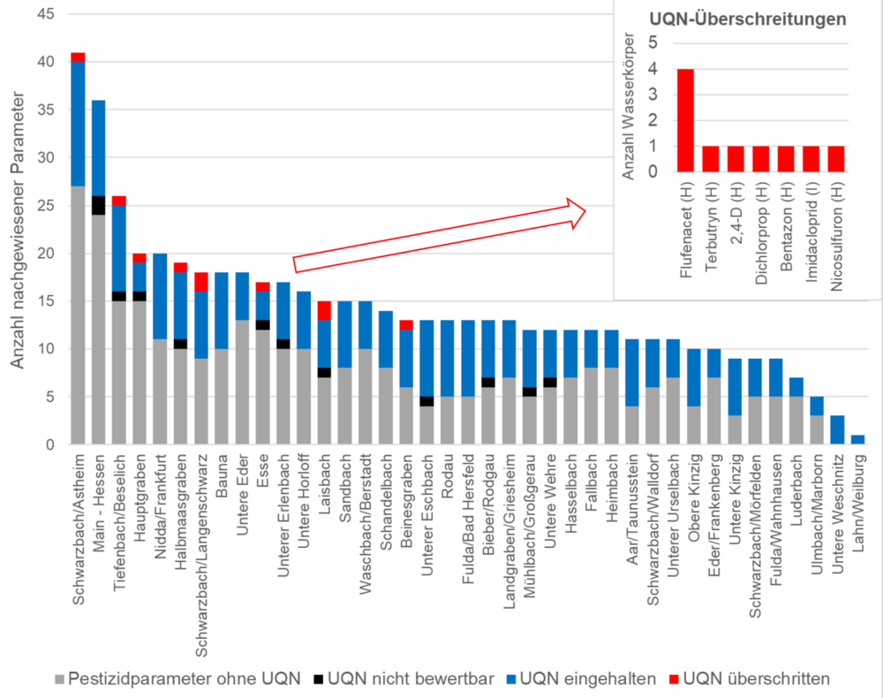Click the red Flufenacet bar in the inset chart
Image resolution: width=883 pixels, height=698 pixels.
[x=684, y=120]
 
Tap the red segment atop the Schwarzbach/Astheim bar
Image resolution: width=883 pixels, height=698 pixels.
[x=78, y=57]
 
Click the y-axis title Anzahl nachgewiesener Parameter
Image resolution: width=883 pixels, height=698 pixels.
[x=18, y=230]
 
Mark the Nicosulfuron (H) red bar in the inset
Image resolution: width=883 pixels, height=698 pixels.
[x=835, y=159]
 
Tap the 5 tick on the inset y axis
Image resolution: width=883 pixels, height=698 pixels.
[x=653, y=43]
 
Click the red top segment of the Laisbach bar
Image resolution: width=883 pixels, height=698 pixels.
[x=325, y=310]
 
